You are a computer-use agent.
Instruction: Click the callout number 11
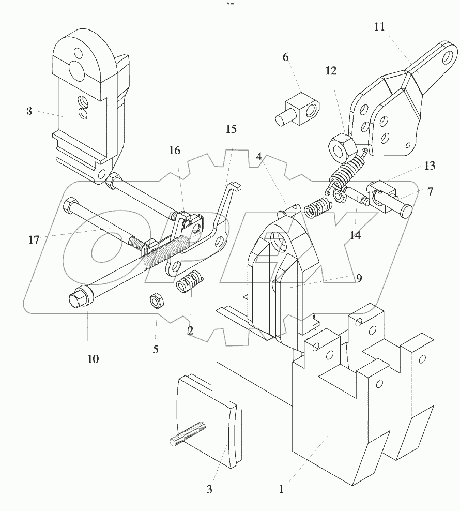[x=379, y=27]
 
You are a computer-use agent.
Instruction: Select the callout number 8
[x=29, y=111]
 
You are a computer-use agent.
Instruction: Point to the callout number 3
[x=209, y=489]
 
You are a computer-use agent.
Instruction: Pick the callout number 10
[x=93, y=358]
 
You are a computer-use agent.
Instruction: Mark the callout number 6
[x=285, y=57]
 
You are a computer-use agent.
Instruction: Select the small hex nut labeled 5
[x=155, y=302]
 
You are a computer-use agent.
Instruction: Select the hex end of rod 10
[x=76, y=298]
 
